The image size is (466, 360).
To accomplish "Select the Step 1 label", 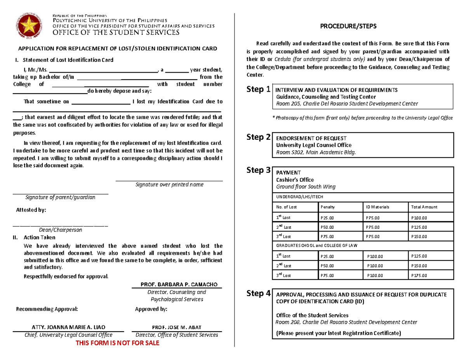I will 259,90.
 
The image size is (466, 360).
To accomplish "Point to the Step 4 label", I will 259,293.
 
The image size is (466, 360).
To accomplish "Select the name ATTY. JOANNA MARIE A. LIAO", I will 68,327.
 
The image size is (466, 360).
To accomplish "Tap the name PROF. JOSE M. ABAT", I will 177,327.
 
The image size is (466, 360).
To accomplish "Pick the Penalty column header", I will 328,207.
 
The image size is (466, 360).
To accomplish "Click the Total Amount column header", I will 424,207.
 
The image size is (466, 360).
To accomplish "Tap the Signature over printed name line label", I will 169,185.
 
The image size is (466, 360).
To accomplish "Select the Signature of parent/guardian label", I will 60,197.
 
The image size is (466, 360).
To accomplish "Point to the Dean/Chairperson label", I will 60,230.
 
